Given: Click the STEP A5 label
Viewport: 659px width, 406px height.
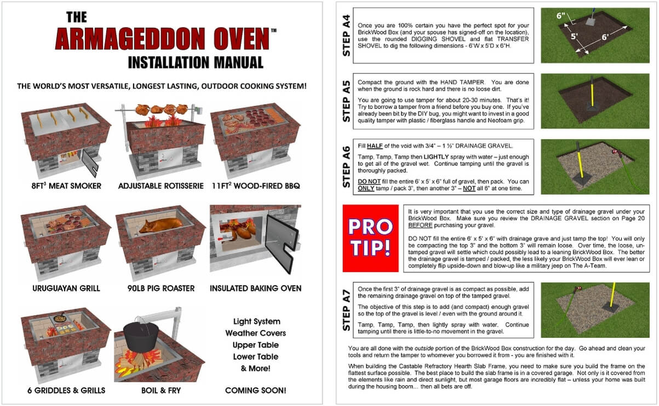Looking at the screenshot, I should [x=346, y=101].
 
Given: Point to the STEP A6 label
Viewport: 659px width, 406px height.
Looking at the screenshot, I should [x=346, y=164].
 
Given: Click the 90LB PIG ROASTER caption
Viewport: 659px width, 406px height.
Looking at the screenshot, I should [x=161, y=288].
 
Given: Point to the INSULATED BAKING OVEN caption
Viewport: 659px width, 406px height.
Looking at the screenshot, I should [x=255, y=288].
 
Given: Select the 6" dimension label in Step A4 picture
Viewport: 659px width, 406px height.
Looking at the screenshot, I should [x=561, y=16].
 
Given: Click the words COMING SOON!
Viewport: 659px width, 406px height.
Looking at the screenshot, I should [x=255, y=390].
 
